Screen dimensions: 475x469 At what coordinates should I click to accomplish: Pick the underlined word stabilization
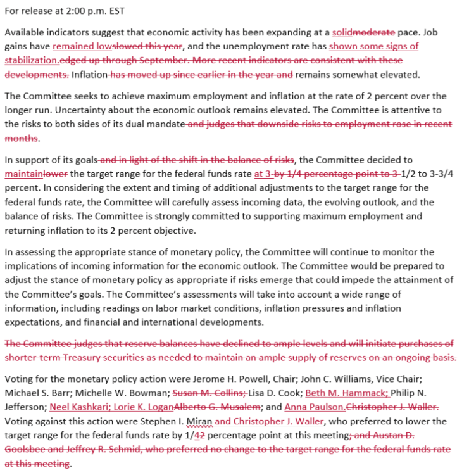(x=32, y=61)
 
